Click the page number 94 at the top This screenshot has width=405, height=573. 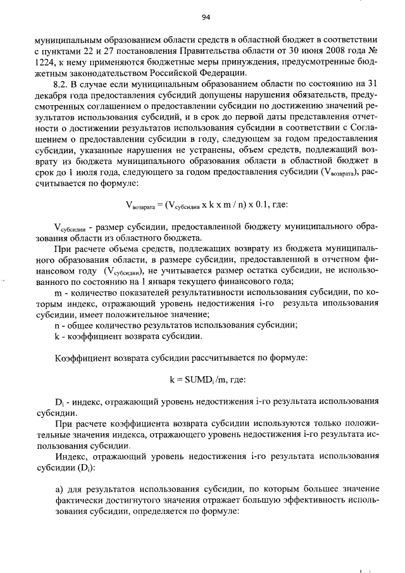[205, 17]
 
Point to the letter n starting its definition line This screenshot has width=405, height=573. [58, 325]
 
